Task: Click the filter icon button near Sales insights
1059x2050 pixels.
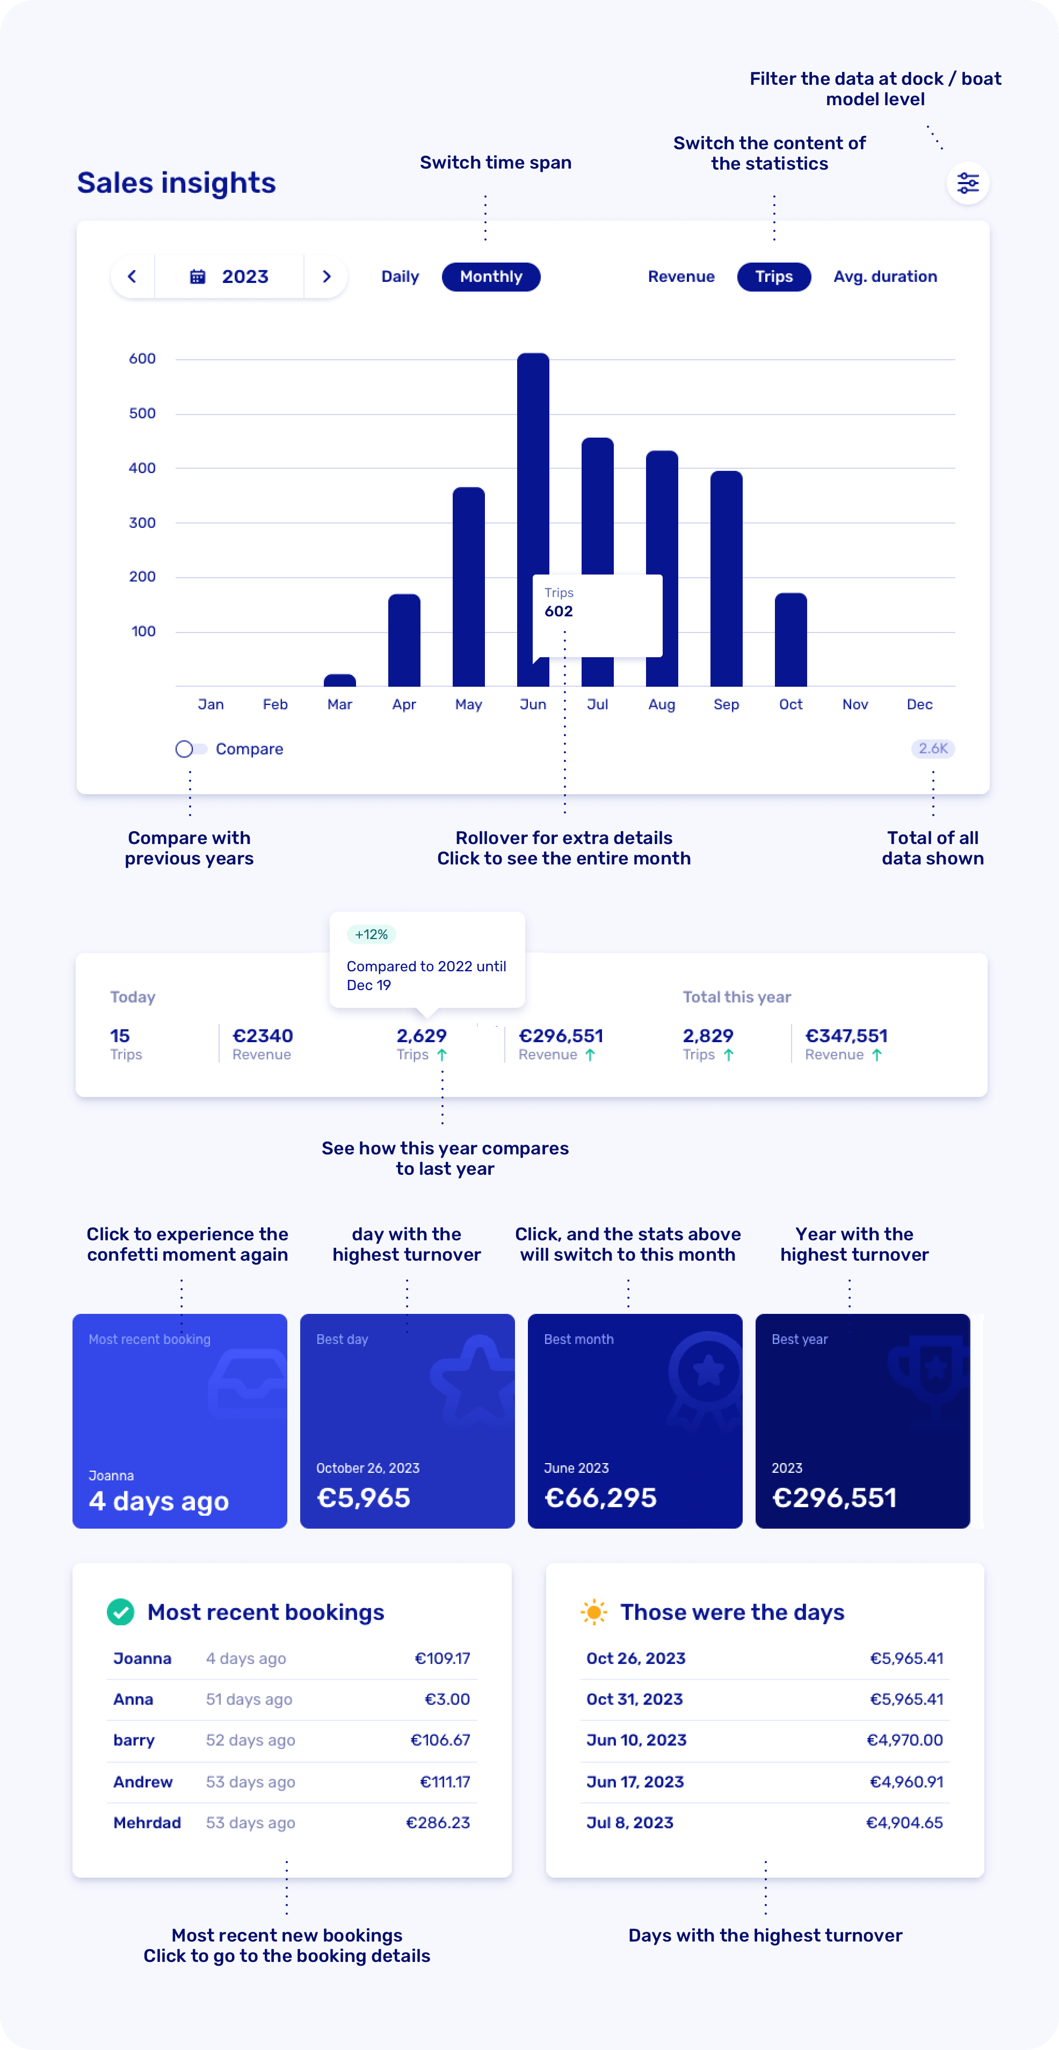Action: (968, 183)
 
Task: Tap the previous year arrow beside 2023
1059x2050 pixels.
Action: (132, 276)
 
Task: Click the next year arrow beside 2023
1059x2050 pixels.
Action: (326, 276)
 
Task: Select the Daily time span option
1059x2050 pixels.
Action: (400, 276)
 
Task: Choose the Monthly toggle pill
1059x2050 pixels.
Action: (491, 276)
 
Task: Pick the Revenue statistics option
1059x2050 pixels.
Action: (681, 276)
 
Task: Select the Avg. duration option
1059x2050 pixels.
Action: (885, 276)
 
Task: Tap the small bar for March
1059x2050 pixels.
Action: (340, 680)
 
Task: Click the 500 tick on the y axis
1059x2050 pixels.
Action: (142, 413)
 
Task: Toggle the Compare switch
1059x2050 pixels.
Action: (190, 749)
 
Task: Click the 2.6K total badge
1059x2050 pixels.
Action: (932, 748)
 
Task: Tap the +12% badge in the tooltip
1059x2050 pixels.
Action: (372, 934)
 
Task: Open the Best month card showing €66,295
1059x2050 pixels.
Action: (635, 1421)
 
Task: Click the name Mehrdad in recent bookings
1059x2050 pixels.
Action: (147, 1822)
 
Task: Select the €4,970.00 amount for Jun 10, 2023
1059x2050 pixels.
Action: (905, 1740)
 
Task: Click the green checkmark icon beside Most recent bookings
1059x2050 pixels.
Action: (120, 1612)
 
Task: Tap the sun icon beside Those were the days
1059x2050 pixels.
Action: (593, 1612)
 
